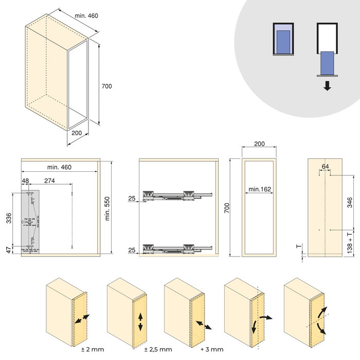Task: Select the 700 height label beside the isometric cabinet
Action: pos(107,86)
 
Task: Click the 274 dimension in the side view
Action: pos(50,181)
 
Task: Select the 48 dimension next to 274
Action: pos(26,181)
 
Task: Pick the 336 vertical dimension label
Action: pos(8,218)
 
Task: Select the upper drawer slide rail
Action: pos(177,195)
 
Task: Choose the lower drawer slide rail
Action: pos(177,249)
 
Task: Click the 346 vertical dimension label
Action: pos(350,202)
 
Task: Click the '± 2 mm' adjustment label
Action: pos(93,350)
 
